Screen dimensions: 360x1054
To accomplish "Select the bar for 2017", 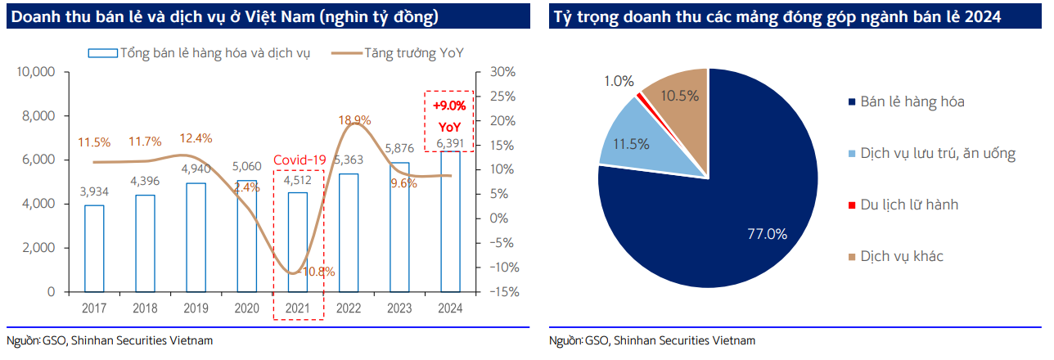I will (95, 248).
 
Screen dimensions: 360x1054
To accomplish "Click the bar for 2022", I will (349, 232).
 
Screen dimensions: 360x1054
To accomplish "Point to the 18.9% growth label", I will (355, 119).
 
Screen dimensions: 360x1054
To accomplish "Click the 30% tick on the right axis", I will (501, 72).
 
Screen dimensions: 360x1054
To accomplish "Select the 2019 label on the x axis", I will (196, 308).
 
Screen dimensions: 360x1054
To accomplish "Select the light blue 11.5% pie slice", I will (631, 144).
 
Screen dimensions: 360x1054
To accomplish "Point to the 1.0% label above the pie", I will (619, 81).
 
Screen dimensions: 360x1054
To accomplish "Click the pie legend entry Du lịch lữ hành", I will (908, 205).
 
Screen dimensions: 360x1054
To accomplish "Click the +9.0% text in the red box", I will (448, 106).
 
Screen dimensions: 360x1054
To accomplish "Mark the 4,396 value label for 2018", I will (146, 181).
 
